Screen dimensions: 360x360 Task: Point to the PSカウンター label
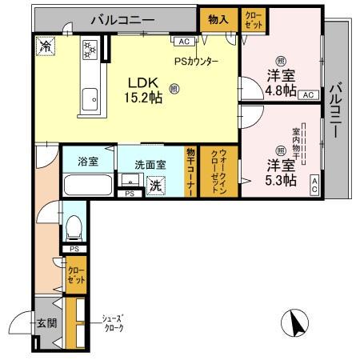point(195,61)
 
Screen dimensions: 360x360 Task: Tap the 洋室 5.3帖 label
point(281,173)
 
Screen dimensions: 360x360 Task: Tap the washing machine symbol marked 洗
point(157,186)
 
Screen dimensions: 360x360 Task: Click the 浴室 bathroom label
point(88,162)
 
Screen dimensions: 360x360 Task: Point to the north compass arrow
point(296,325)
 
